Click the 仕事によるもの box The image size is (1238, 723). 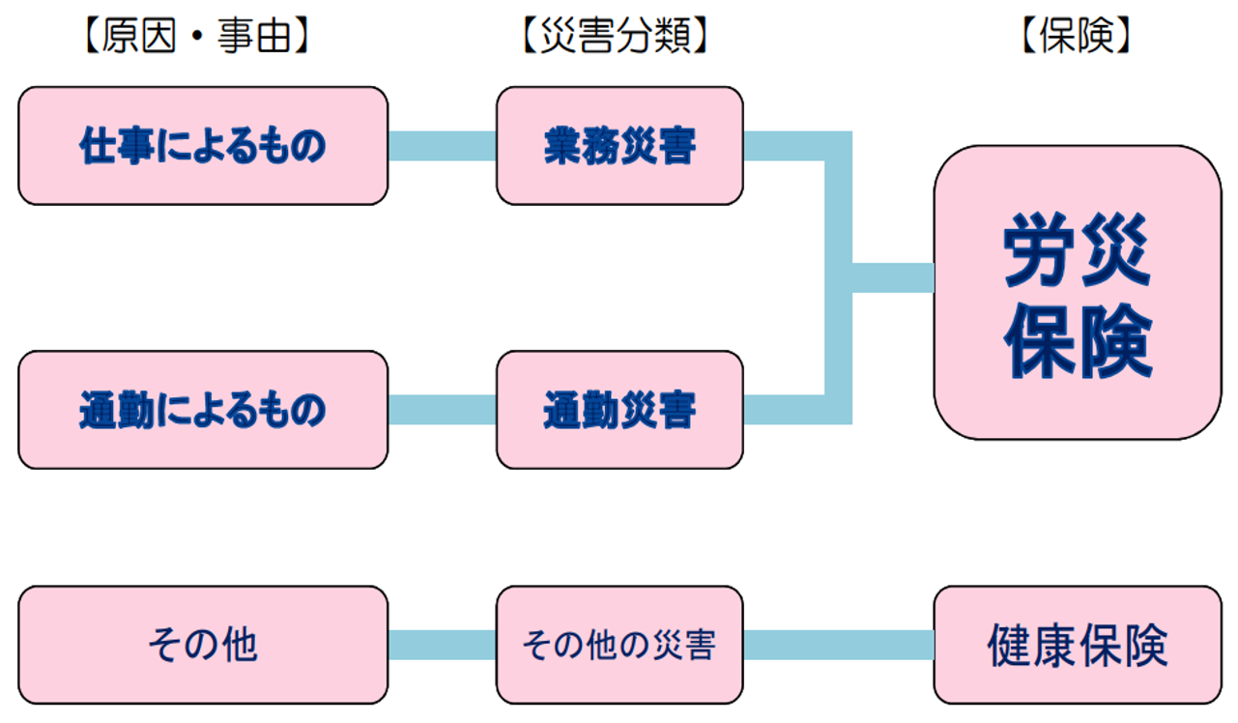click(203, 146)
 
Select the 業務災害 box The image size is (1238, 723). click(619, 146)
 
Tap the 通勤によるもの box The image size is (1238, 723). click(203, 411)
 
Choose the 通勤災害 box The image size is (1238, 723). click(619, 411)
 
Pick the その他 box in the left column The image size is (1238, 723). click(203, 644)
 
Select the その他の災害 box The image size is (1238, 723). click(619, 644)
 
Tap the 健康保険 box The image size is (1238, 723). click(1077, 644)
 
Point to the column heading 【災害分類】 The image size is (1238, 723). click(615, 37)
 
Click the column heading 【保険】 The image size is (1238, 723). click(1075, 37)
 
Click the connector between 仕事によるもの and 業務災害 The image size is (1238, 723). click(442, 146)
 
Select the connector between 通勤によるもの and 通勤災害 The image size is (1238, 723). click(442, 410)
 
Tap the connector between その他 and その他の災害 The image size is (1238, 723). click(442, 645)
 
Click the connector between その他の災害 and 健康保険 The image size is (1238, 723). click(838, 645)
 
